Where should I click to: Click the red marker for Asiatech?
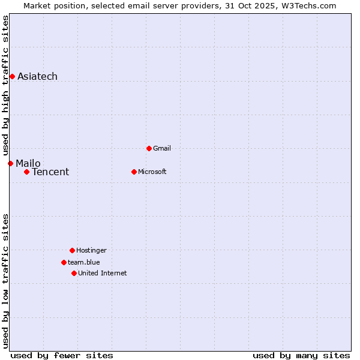click(x=12, y=76)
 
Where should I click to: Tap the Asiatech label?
click(x=37, y=76)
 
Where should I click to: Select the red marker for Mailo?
click(x=10, y=163)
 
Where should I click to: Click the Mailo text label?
click(x=28, y=163)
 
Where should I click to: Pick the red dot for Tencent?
click(x=26, y=172)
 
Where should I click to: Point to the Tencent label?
click(x=50, y=172)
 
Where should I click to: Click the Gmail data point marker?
click(x=149, y=148)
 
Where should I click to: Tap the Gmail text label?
click(x=162, y=148)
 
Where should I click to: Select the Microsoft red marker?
click(x=134, y=172)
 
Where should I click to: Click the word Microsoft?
click(x=152, y=172)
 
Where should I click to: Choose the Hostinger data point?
click(x=72, y=250)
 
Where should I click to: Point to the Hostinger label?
click(x=91, y=250)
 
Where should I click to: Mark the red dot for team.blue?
click(x=64, y=262)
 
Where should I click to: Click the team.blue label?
click(x=84, y=262)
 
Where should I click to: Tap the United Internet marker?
click(x=74, y=273)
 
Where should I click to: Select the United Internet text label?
click(x=103, y=273)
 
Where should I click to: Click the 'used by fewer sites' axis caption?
click(x=62, y=355)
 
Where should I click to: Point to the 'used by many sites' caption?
click(x=301, y=355)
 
